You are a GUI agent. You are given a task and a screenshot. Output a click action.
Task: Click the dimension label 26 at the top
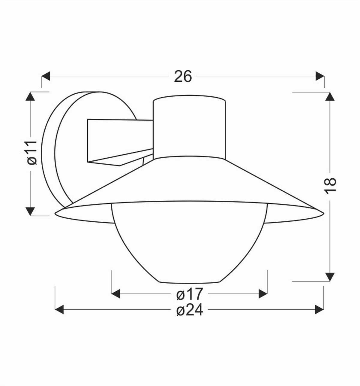click(183, 77)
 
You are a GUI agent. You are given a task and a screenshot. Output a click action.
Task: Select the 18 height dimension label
click(330, 185)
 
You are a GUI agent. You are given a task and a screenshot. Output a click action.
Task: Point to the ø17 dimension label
click(190, 294)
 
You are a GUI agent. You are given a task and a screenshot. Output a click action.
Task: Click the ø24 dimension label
click(190, 310)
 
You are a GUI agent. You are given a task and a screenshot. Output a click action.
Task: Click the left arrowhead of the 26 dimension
click(46, 76)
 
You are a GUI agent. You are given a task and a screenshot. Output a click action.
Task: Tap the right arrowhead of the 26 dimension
click(320, 76)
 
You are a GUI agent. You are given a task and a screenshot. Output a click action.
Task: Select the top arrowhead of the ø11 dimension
click(30, 96)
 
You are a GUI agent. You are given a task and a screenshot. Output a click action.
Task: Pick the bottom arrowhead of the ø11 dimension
click(30, 211)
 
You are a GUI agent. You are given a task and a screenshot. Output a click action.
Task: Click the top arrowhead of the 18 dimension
click(330, 96)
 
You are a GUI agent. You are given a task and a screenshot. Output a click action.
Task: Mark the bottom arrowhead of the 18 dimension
click(330, 277)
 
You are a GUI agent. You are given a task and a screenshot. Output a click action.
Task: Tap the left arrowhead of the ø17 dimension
click(115, 294)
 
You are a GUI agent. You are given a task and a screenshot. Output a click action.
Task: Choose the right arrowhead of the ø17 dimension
click(263, 294)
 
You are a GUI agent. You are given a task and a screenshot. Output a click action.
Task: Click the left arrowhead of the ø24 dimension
click(59, 309)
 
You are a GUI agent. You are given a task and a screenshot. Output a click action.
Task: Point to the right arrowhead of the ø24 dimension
click(319, 309)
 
